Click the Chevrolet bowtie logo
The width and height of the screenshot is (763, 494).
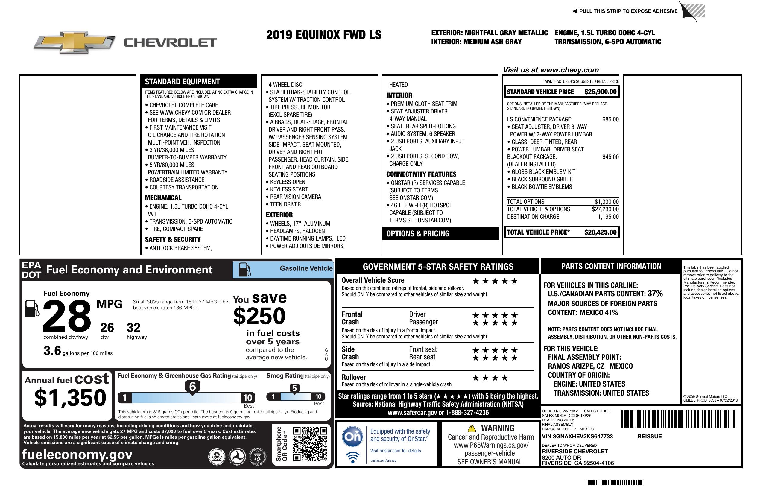[x=74, y=42]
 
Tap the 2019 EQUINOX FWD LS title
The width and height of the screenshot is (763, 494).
[x=323, y=35]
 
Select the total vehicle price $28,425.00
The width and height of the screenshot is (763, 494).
[x=600, y=232]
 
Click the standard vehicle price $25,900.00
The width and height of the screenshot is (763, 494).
[x=600, y=92]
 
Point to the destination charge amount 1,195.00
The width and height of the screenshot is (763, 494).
[x=608, y=217]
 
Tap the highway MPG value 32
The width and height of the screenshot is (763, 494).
[x=133, y=328]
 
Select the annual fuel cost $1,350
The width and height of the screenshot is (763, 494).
[x=70, y=398]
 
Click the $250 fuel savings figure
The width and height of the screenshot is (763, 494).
[x=259, y=316]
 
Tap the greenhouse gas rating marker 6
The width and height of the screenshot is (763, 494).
[x=192, y=387]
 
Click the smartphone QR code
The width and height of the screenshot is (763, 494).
[x=310, y=444]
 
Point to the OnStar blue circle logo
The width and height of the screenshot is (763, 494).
[x=352, y=437]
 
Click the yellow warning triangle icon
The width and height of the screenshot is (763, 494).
[x=472, y=428]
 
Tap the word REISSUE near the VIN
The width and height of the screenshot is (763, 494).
[x=649, y=437]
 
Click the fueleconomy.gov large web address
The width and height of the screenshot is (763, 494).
[x=77, y=455]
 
